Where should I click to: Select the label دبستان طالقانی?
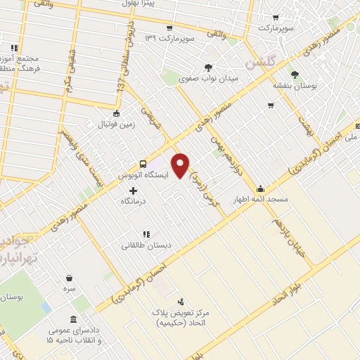145,245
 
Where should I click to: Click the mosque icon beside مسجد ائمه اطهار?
261,188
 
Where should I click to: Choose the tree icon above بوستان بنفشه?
294,74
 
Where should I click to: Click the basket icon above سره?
69,278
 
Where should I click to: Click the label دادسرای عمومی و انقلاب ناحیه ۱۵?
74,335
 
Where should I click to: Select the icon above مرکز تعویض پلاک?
182,301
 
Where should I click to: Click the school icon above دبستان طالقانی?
146,234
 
